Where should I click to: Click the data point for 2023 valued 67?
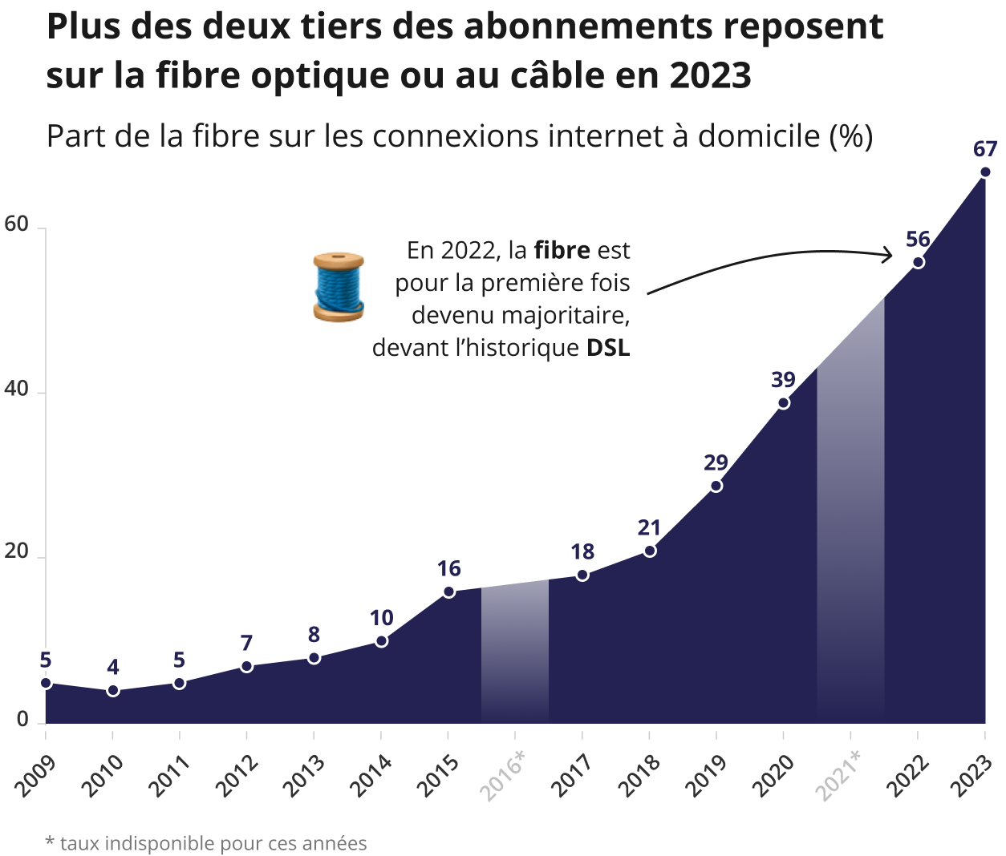[985, 172]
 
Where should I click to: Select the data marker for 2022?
[919, 262]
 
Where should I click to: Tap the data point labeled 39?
[784, 402]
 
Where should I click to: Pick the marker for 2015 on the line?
[448, 592]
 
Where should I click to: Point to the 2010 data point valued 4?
[113, 691]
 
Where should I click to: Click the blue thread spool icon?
[338, 287]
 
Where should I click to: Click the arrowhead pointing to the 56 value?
[887, 255]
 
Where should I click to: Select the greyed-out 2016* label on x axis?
[504, 775]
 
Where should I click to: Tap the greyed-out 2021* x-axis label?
[839, 775]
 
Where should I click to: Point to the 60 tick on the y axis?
[17, 224]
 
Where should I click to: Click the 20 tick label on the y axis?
[17, 552]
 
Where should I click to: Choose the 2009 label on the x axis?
[35, 775]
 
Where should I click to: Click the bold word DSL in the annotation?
[608, 348]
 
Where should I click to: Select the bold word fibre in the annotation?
[562, 250]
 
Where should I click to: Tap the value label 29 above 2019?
[716, 462]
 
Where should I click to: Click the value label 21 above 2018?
[649, 527]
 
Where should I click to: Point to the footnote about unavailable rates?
[206, 843]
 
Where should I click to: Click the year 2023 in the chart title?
[710, 75]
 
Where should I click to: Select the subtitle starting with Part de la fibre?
[459, 136]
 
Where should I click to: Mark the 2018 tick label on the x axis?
[639, 775]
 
